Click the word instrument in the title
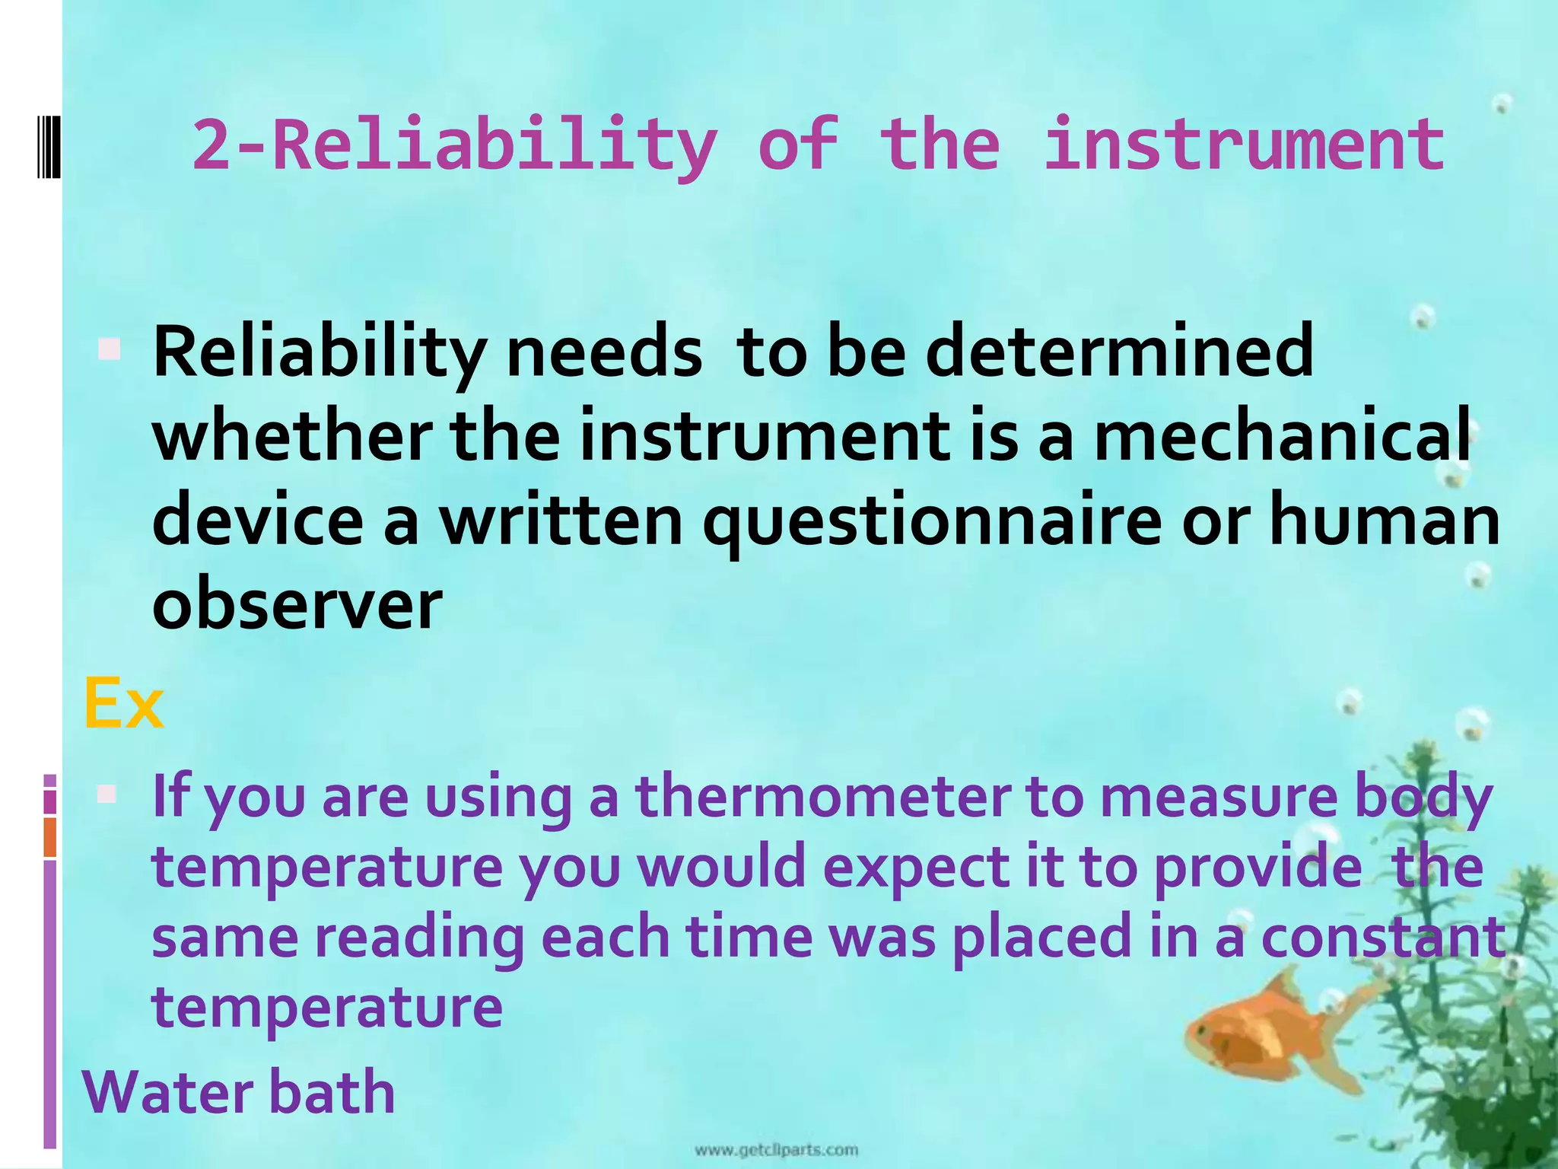tap(1243, 145)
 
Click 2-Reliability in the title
tap(455, 145)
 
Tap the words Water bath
tap(239, 1091)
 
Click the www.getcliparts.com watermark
tap(776, 1149)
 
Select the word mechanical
tap(1281, 435)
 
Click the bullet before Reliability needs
tap(110, 350)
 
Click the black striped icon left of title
tap(49, 145)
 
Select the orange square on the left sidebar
tap(50, 836)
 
